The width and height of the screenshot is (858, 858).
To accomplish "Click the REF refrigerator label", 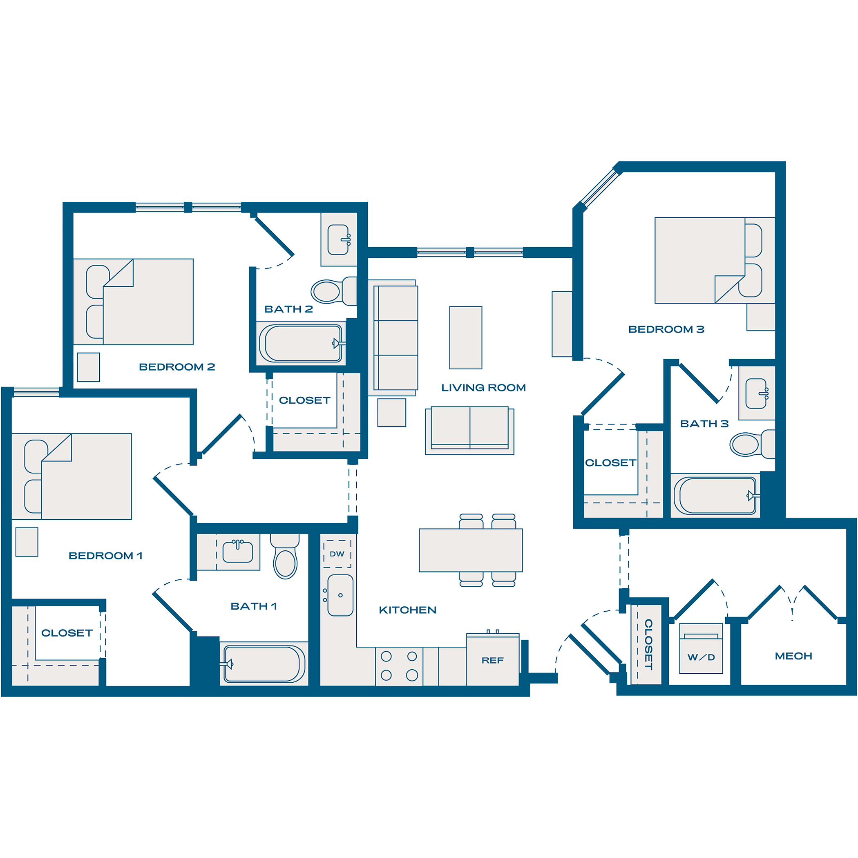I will [x=492, y=660].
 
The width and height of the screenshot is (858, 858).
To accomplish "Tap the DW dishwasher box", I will [x=337, y=554].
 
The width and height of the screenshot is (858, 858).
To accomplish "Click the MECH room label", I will [x=793, y=656].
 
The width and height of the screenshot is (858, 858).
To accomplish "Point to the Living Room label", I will [x=483, y=388].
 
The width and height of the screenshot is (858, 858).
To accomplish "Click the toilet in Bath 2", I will [x=327, y=291].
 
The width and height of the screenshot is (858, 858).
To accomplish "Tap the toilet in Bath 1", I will [x=285, y=562].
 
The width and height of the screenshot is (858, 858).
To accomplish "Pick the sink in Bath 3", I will [x=756, y=393].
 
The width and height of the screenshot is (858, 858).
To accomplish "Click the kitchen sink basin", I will [x=340, y=596].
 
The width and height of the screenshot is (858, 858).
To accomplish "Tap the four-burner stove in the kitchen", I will [x=399, y=666].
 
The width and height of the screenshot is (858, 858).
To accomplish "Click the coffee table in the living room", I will [x=465, y=337].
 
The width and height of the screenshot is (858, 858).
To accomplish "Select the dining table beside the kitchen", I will [x=471, y=550].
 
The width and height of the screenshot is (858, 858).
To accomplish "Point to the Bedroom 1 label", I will [x=106, y=556].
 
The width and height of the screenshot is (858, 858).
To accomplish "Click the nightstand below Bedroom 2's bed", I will [x=88, y=367].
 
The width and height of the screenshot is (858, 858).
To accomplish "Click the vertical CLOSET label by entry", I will [x=648, y=644].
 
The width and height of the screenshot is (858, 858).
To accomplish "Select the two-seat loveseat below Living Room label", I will [x=470, y=430].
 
